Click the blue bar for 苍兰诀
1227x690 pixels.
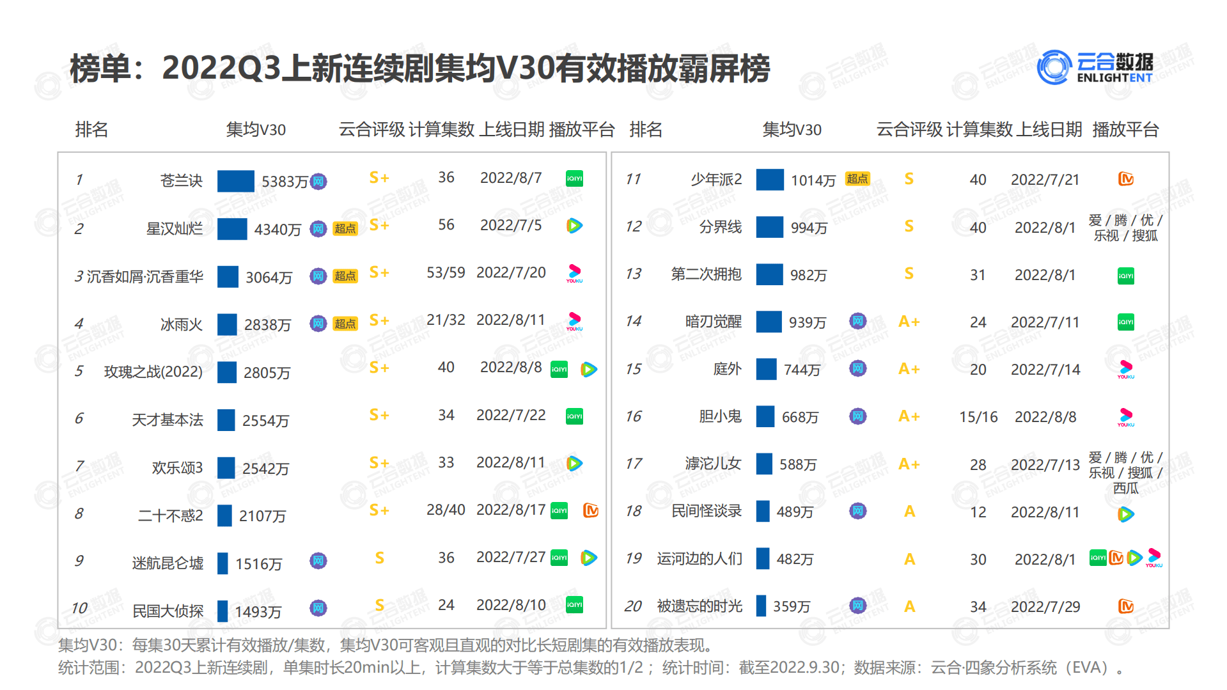235,181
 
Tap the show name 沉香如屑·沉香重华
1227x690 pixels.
145,276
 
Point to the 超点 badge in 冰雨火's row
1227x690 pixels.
345,324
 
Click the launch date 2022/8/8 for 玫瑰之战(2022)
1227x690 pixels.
511,367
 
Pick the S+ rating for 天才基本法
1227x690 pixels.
379,415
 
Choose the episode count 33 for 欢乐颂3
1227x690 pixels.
446,462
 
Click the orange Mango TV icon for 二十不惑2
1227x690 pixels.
591,510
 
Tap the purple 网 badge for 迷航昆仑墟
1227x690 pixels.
318,561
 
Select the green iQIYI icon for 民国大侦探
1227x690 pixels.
574,605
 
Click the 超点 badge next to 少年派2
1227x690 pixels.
857,179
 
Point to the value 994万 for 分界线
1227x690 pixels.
809,228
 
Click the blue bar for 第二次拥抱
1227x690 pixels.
769,274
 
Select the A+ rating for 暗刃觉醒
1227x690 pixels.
909,322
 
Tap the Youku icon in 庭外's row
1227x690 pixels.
1126,369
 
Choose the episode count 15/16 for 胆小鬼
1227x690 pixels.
978,417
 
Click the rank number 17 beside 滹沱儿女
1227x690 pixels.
633,464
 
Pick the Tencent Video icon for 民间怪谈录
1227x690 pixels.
1126,514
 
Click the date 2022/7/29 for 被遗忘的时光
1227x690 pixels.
1045,607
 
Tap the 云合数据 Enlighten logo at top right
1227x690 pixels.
1096,67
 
